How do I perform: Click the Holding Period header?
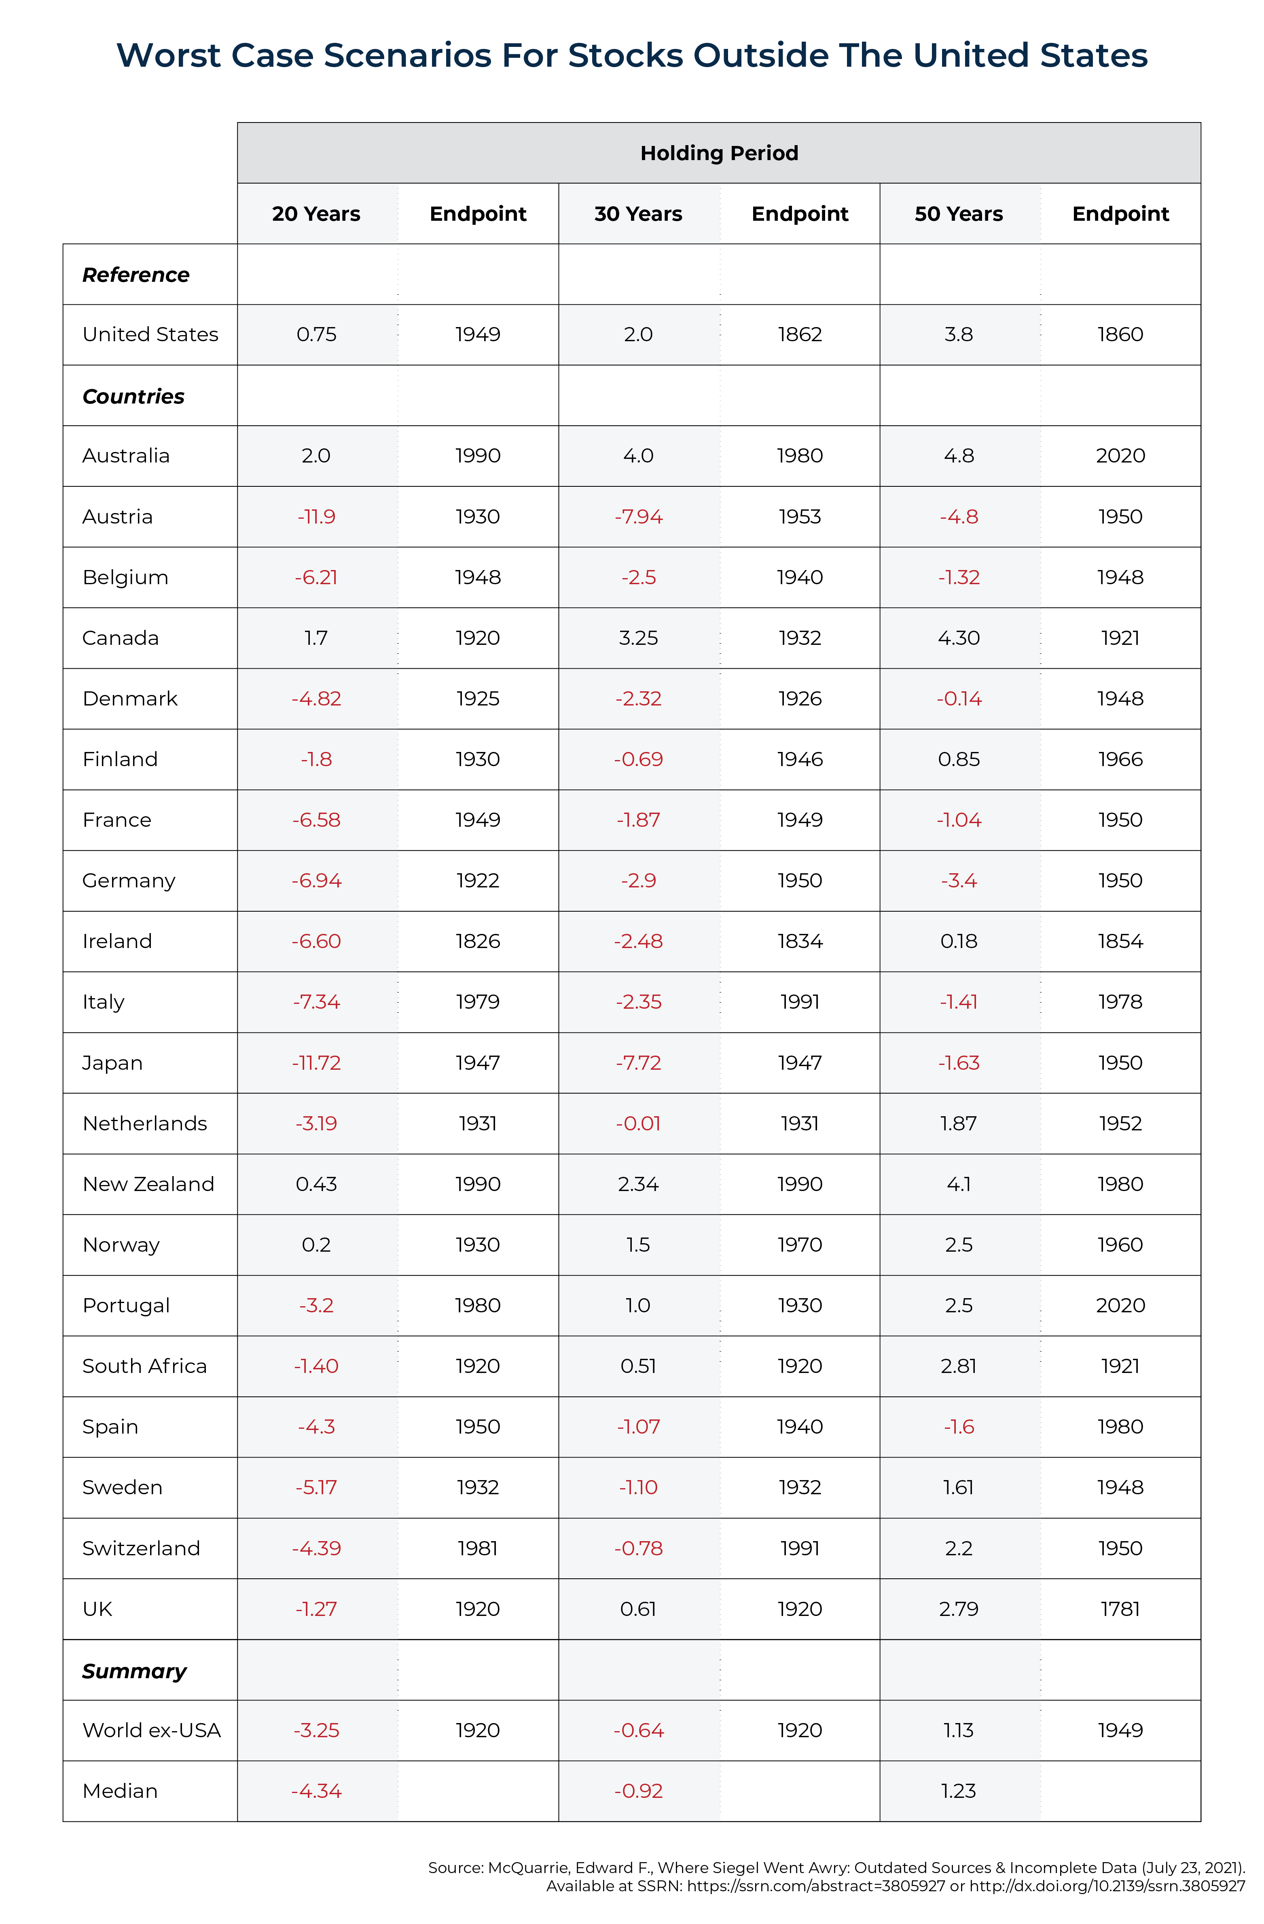pyautogui.click(x=719, y=153)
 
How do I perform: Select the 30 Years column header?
pyautogui.click(x=638, y=213)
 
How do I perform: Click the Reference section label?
pyautogui.click(x=136, y=275)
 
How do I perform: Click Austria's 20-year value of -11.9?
pyautogui.click(x=316, y=517)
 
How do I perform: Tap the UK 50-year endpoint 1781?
pyautogui.click(x=1120, y=1609)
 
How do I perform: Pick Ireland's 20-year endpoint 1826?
pyautogui.click(x=478, y=941)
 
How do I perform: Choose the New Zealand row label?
pyautogui.click(x=149, y=1184)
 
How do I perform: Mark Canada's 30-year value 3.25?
pyautogui.click(x=638, y=638)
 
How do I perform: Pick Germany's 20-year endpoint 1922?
pyautogui.click(x=478, y=881)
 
